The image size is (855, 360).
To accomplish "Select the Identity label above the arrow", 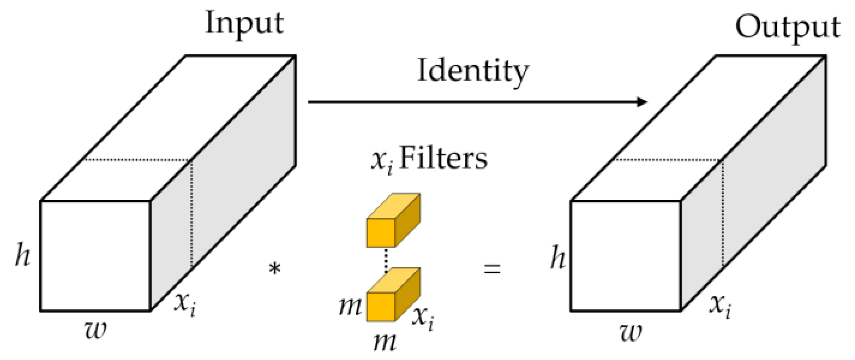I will pos(472,71).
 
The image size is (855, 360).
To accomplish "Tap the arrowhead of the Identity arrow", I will pos(642,102).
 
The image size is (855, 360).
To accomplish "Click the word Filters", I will pos(443,158).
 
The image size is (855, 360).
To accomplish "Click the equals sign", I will pos(492,269).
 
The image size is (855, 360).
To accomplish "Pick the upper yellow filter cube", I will pos(393,221).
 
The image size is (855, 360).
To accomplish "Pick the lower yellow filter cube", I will pos(393,296).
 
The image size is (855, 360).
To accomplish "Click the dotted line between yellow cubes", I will pos(386,260).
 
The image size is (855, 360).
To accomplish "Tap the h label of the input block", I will pos(22,255).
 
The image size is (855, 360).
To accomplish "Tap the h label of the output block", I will pos(558,257).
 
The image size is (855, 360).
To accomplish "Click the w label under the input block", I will pos(96,330).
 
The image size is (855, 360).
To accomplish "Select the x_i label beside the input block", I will pos(185,304).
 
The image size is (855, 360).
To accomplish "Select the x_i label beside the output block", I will pos(720,306).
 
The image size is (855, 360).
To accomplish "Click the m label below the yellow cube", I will pos(385,342).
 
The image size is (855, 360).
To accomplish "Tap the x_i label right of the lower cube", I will pos(423,318).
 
